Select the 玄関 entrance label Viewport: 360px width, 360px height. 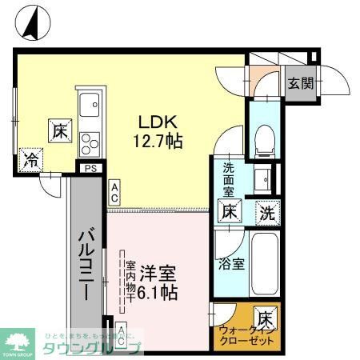click(x=301, y=82)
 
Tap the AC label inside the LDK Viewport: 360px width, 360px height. click(x=115, y=192)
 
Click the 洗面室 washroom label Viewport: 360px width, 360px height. click(x=229, y=180)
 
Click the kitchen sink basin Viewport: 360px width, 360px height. click(x=88, y=104)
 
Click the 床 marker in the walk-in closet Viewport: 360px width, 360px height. click(x=266, y=317)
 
